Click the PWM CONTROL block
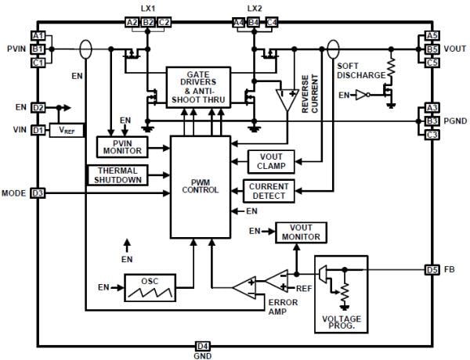200,187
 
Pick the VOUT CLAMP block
271,160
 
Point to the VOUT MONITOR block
301,232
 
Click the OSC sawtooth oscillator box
148,287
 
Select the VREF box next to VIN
66,130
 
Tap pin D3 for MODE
38,193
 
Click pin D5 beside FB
432,269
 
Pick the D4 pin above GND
202,344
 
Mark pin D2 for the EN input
38,107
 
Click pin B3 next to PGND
432,121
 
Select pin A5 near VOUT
432,36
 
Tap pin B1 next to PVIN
38,49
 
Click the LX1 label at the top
150,9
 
